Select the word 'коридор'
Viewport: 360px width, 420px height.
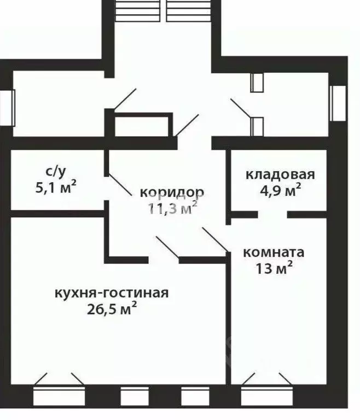click(172, 192)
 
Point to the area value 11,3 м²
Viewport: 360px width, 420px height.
click(172, 208)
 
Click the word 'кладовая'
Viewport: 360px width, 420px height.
click(280, 174)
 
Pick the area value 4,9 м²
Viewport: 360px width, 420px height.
click(280, 191)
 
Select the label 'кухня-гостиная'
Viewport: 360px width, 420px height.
click(111, 292)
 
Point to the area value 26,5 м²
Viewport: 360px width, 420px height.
click(111, 310)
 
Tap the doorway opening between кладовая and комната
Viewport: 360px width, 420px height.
click(272, 214)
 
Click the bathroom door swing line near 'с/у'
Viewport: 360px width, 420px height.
click(118, 184)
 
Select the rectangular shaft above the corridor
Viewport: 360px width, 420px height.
click(142, 125)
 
